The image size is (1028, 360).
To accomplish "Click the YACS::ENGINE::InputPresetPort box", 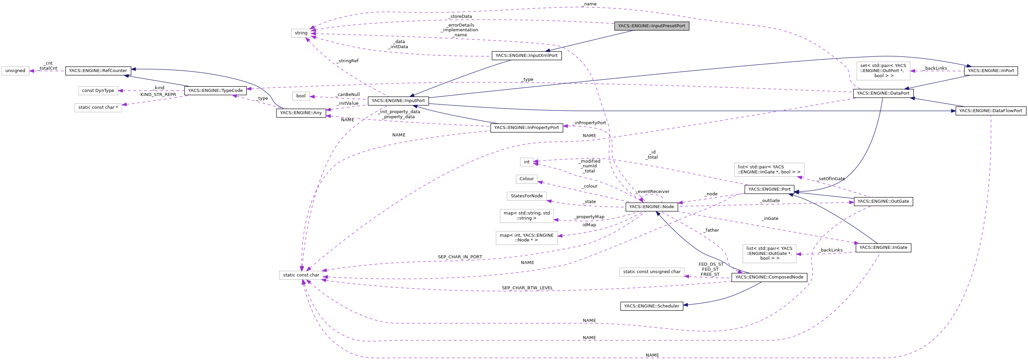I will tap(651, 26).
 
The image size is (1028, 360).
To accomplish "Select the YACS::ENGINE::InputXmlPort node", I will tap(526, 56).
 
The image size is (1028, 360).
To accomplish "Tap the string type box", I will tap(301, 33).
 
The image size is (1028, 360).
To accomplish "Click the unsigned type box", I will tap(15, 71).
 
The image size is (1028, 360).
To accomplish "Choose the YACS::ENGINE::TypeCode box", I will tap(215, 91).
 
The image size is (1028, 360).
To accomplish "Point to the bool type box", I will tap(301, 96).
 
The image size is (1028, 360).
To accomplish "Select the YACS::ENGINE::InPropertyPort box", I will tap(526, 128).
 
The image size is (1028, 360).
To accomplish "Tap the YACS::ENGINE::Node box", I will tap(651, 207).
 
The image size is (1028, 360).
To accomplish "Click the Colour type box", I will tap(526, 179).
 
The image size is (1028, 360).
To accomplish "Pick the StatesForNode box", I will tap(526, 196).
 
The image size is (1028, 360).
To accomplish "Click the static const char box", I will tap(301, 275).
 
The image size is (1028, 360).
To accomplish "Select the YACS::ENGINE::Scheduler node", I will tap(651, 306).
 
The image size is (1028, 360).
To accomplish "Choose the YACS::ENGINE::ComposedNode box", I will tap(769, 277).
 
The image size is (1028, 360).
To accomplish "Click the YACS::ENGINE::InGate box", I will tap(883, 248).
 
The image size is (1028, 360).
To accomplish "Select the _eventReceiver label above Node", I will tap(653, 192).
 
